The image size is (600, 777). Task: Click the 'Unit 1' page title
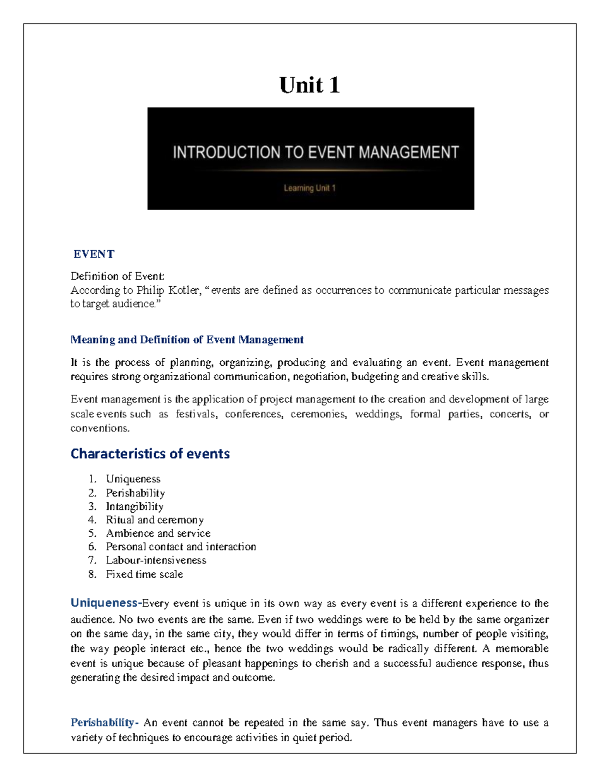[309, 85]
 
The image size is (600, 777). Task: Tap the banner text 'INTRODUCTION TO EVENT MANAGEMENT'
[315, 152]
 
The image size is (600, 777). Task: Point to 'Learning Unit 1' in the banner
[309, 188]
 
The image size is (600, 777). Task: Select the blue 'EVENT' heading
[94, 254]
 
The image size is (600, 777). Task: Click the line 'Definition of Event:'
[117, 276]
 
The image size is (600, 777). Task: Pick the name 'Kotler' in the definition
[184, 290]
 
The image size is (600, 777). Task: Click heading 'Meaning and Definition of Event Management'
[187, 340]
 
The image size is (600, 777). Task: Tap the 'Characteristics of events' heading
[150, 454]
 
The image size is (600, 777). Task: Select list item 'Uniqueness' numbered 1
[133, 479]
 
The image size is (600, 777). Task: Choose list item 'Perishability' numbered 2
[135, 493]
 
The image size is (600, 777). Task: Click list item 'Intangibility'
[134, 506]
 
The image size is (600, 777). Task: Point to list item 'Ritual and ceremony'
[154, 520]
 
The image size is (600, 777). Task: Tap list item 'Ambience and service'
[158, 533]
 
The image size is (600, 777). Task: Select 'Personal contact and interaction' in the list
[180, 547]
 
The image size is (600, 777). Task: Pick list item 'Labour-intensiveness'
[156, 560]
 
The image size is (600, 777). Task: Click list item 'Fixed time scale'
[144, 574]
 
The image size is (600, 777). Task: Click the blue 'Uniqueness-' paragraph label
[106, 603]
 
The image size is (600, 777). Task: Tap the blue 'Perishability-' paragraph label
[104, 722]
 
